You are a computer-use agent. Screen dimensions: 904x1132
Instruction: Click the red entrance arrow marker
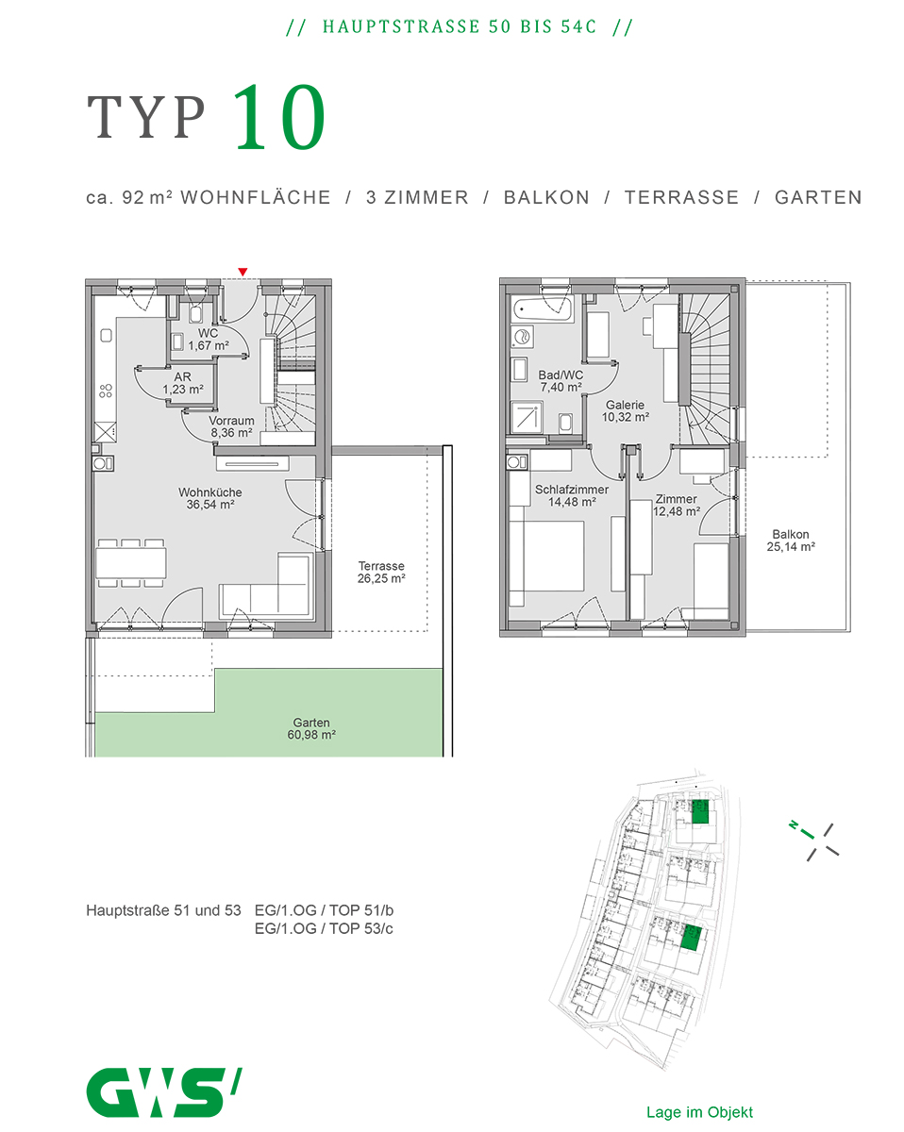click(x=243, y=272)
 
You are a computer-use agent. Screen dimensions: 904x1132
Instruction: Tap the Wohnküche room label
click(x=209, y=492)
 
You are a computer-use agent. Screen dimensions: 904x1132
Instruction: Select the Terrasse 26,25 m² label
click(x=381, y=573)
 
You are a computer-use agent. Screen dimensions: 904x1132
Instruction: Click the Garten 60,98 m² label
click(x=311, y=728)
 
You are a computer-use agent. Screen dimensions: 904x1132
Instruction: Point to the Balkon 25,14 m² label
click(x=791, y=541)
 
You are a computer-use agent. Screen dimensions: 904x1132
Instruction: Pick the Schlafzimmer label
click(x=572, y=490)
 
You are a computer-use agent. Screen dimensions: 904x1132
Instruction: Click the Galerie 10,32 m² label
click(x=625, y=411)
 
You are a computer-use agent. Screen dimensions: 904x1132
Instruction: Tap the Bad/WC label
click(x=561, y=375)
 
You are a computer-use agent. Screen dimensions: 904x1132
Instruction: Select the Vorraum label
click(x=231, y=421)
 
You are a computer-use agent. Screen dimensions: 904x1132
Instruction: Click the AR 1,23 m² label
click(x=182, y=383)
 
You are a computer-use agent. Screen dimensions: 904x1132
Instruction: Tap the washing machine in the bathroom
click(x=522, y=337)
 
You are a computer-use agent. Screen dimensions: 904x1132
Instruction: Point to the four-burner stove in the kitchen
click(x=106, y=391)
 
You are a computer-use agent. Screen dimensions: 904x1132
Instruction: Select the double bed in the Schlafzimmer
click(x=546, y=556)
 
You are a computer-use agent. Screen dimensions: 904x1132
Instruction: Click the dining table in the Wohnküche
click(x=131, y=563)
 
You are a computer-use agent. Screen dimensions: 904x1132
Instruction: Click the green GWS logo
click(x=164, y=1092)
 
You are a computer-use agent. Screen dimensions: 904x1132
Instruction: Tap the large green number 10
click(x=279, y=117)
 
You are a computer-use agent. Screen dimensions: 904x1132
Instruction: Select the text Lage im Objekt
click(x=699, y=1112)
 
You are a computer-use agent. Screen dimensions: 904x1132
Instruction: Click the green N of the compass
click(x=793, y=824)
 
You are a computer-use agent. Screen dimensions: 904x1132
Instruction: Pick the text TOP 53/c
click(x=361, y=928)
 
